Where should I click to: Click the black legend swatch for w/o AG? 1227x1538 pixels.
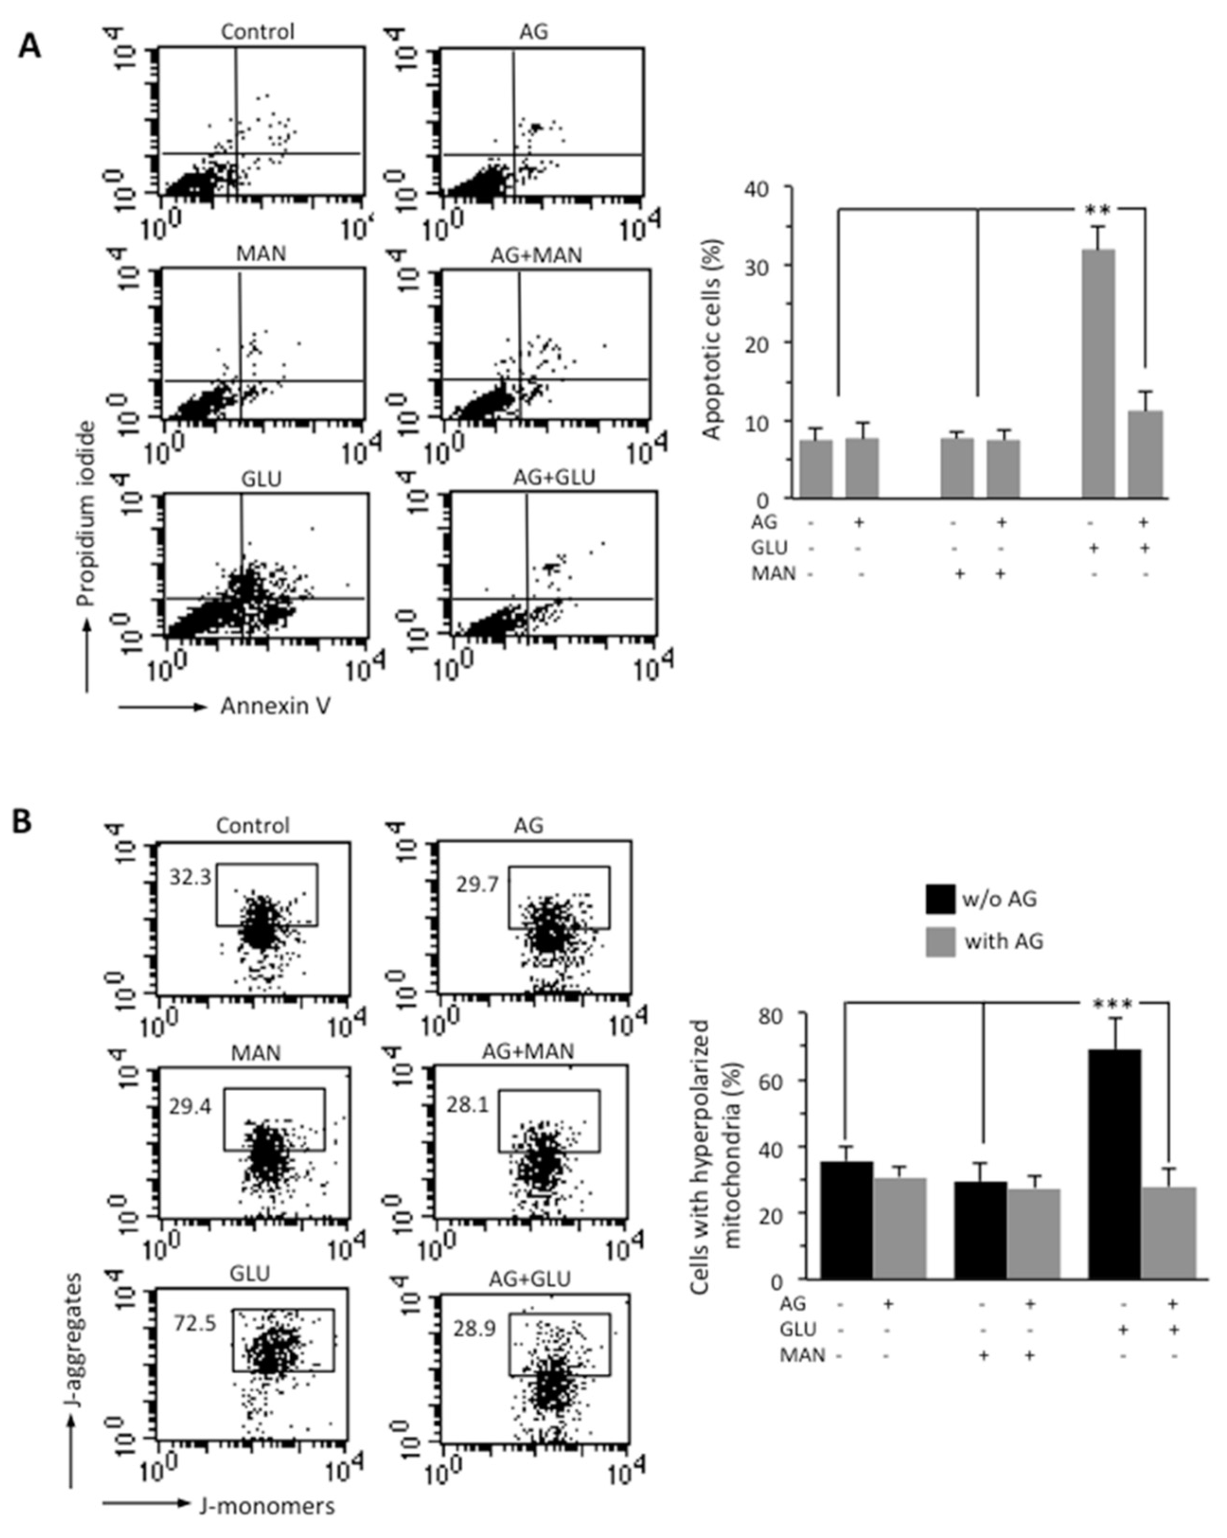940,899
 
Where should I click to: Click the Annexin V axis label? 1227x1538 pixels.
275,706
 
